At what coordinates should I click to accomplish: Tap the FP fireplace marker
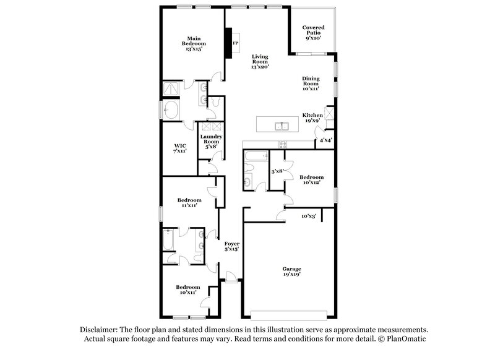[235, 43]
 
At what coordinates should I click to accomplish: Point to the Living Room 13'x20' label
[259, 62]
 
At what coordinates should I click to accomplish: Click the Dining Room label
[311, 84]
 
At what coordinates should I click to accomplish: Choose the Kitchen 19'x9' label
[312, 118]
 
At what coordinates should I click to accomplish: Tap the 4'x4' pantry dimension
[326, 140]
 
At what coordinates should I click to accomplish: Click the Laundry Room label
[212, 141]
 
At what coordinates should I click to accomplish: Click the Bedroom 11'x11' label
[189, 203]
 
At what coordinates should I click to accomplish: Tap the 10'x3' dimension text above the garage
[309, 216]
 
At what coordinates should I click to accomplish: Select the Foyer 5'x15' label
[231, 246]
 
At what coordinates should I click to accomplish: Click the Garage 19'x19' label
[291, 272]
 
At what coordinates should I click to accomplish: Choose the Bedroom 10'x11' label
[187, 289]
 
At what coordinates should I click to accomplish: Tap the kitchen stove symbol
[283, 145]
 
